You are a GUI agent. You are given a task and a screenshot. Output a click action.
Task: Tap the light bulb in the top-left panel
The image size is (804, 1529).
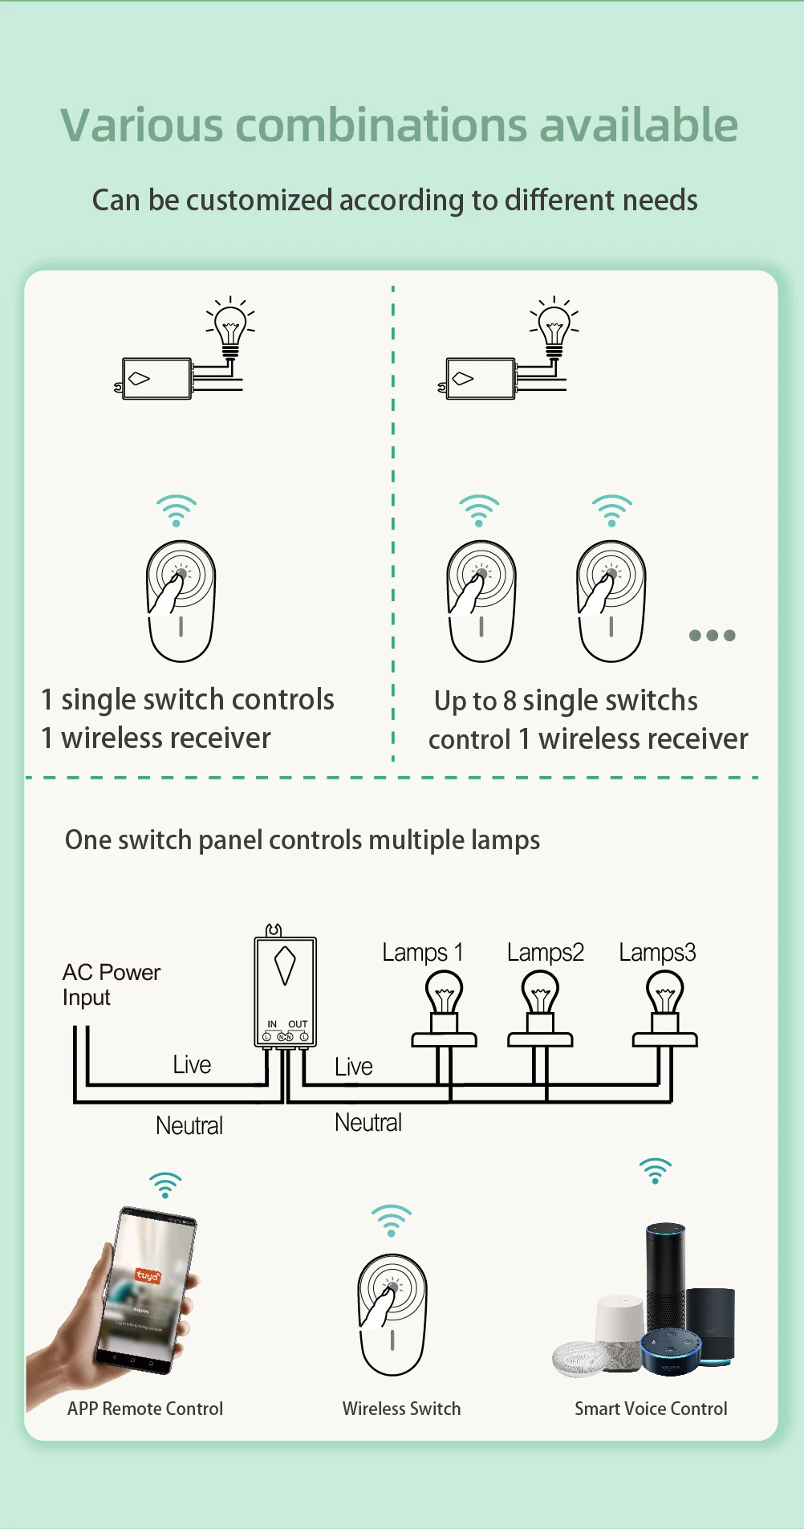[x=230, y=327]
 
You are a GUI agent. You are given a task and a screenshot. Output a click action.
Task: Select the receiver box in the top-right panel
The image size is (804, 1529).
[x=480, y=379]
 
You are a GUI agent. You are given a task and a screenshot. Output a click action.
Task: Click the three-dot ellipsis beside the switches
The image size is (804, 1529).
[x=712, y=636]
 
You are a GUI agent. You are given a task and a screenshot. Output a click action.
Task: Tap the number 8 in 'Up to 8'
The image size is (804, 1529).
[x=510, y=701]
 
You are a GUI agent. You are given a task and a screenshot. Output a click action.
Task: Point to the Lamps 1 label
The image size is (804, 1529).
[x=422, y=953]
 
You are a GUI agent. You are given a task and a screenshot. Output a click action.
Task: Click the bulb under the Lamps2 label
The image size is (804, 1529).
[x=540, y=995]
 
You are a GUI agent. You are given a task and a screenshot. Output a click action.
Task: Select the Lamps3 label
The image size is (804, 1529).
[x=657, y=953]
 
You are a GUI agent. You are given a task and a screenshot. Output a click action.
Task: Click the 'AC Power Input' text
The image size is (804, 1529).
[x=111, y=985]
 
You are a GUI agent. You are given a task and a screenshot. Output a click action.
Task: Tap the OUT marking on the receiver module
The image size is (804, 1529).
[x=298, y=1024]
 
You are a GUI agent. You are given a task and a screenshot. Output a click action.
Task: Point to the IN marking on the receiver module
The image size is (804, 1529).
[x=272, y=1024]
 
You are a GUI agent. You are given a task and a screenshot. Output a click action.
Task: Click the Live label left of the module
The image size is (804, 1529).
[x=192, y=1065]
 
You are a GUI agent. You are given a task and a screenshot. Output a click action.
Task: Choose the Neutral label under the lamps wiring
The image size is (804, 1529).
[x=367, y=1122]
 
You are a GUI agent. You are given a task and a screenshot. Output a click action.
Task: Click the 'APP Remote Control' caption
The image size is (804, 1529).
[x=145, y=1409]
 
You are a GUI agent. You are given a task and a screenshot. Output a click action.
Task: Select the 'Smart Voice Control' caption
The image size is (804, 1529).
[x=651, y=1409]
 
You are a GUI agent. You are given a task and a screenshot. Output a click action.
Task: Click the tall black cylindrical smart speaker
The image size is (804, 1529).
[x=665, y=1276]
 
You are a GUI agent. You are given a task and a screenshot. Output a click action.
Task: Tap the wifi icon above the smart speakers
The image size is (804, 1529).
[x=656, y=1171]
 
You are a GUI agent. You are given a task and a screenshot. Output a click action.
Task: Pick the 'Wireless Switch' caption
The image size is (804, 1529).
[x=401, y=1409]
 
